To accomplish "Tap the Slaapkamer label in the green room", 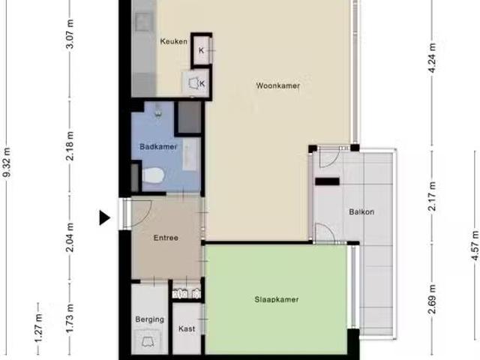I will (x=277, y=300).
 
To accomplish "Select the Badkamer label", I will (x=158, y=147).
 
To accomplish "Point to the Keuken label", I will (x=173, y=41).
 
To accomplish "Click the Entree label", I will (x=166, y=238).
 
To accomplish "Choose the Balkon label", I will (x=361, y=212).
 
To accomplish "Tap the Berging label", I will (x=150, y=319).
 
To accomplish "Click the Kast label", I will (x=187, y=328).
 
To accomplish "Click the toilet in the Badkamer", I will (x=153, y=175).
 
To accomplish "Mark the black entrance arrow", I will (x=105, y=217).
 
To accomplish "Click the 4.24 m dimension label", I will (x=432, y=56).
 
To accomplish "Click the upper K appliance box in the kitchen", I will (x=202, y=50).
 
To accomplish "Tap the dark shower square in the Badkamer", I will (x=189, y=117).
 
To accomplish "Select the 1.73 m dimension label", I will (x=70, y=316).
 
